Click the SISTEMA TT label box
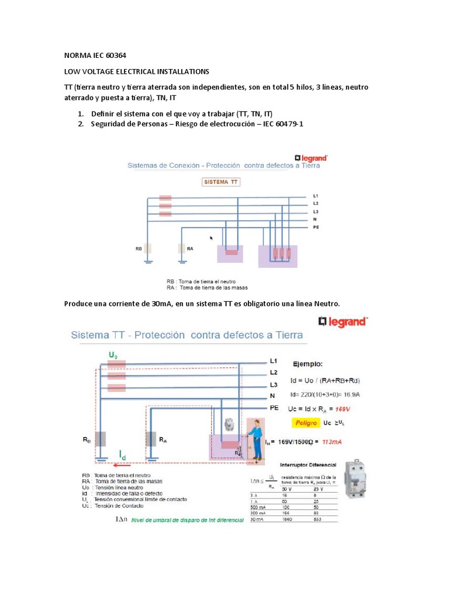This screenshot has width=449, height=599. click(x=221, y=182)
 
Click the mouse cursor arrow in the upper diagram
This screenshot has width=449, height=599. click(x=212, y=238)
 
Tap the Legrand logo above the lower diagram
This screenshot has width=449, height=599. click(x=343, y=321)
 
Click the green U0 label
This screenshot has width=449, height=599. click(x=113, y=355)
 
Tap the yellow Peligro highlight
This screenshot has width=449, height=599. click(x=306, y=422)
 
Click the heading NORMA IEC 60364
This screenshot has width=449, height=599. click(x=95, y=56)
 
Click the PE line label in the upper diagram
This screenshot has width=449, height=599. click(x=316, y=226)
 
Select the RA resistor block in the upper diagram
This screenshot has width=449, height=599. click(x=182, y=248)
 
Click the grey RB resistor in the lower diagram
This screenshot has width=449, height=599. click(x=100, y=439)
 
